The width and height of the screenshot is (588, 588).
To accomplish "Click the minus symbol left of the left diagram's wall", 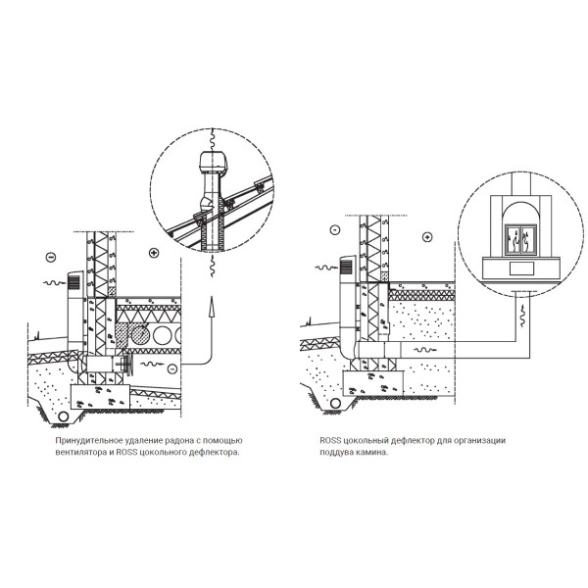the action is (x=51, y=257).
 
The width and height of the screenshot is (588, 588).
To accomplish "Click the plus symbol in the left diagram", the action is (x=154, y=253).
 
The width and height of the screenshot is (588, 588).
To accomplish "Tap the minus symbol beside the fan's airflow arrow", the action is (x=172, y=368).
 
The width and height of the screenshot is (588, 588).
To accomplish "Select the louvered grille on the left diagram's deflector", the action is (x=74, y=282).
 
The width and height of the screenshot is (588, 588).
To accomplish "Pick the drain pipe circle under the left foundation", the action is (x=63, y=416).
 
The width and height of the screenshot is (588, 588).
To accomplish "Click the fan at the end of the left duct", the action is (x=126, y=364).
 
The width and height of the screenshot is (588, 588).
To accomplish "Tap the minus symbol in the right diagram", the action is (x=335, y=230).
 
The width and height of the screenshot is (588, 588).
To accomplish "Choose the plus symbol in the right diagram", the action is (x=427, y=237).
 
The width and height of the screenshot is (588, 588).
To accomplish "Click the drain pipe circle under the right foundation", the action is (x=335, y=403).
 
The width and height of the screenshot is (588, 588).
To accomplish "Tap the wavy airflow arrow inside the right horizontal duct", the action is (x=425, y=350).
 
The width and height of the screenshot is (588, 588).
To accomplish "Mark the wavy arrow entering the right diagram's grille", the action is (x=326, y=268).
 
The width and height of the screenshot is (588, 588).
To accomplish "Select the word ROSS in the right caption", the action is (x=330, y=440).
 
